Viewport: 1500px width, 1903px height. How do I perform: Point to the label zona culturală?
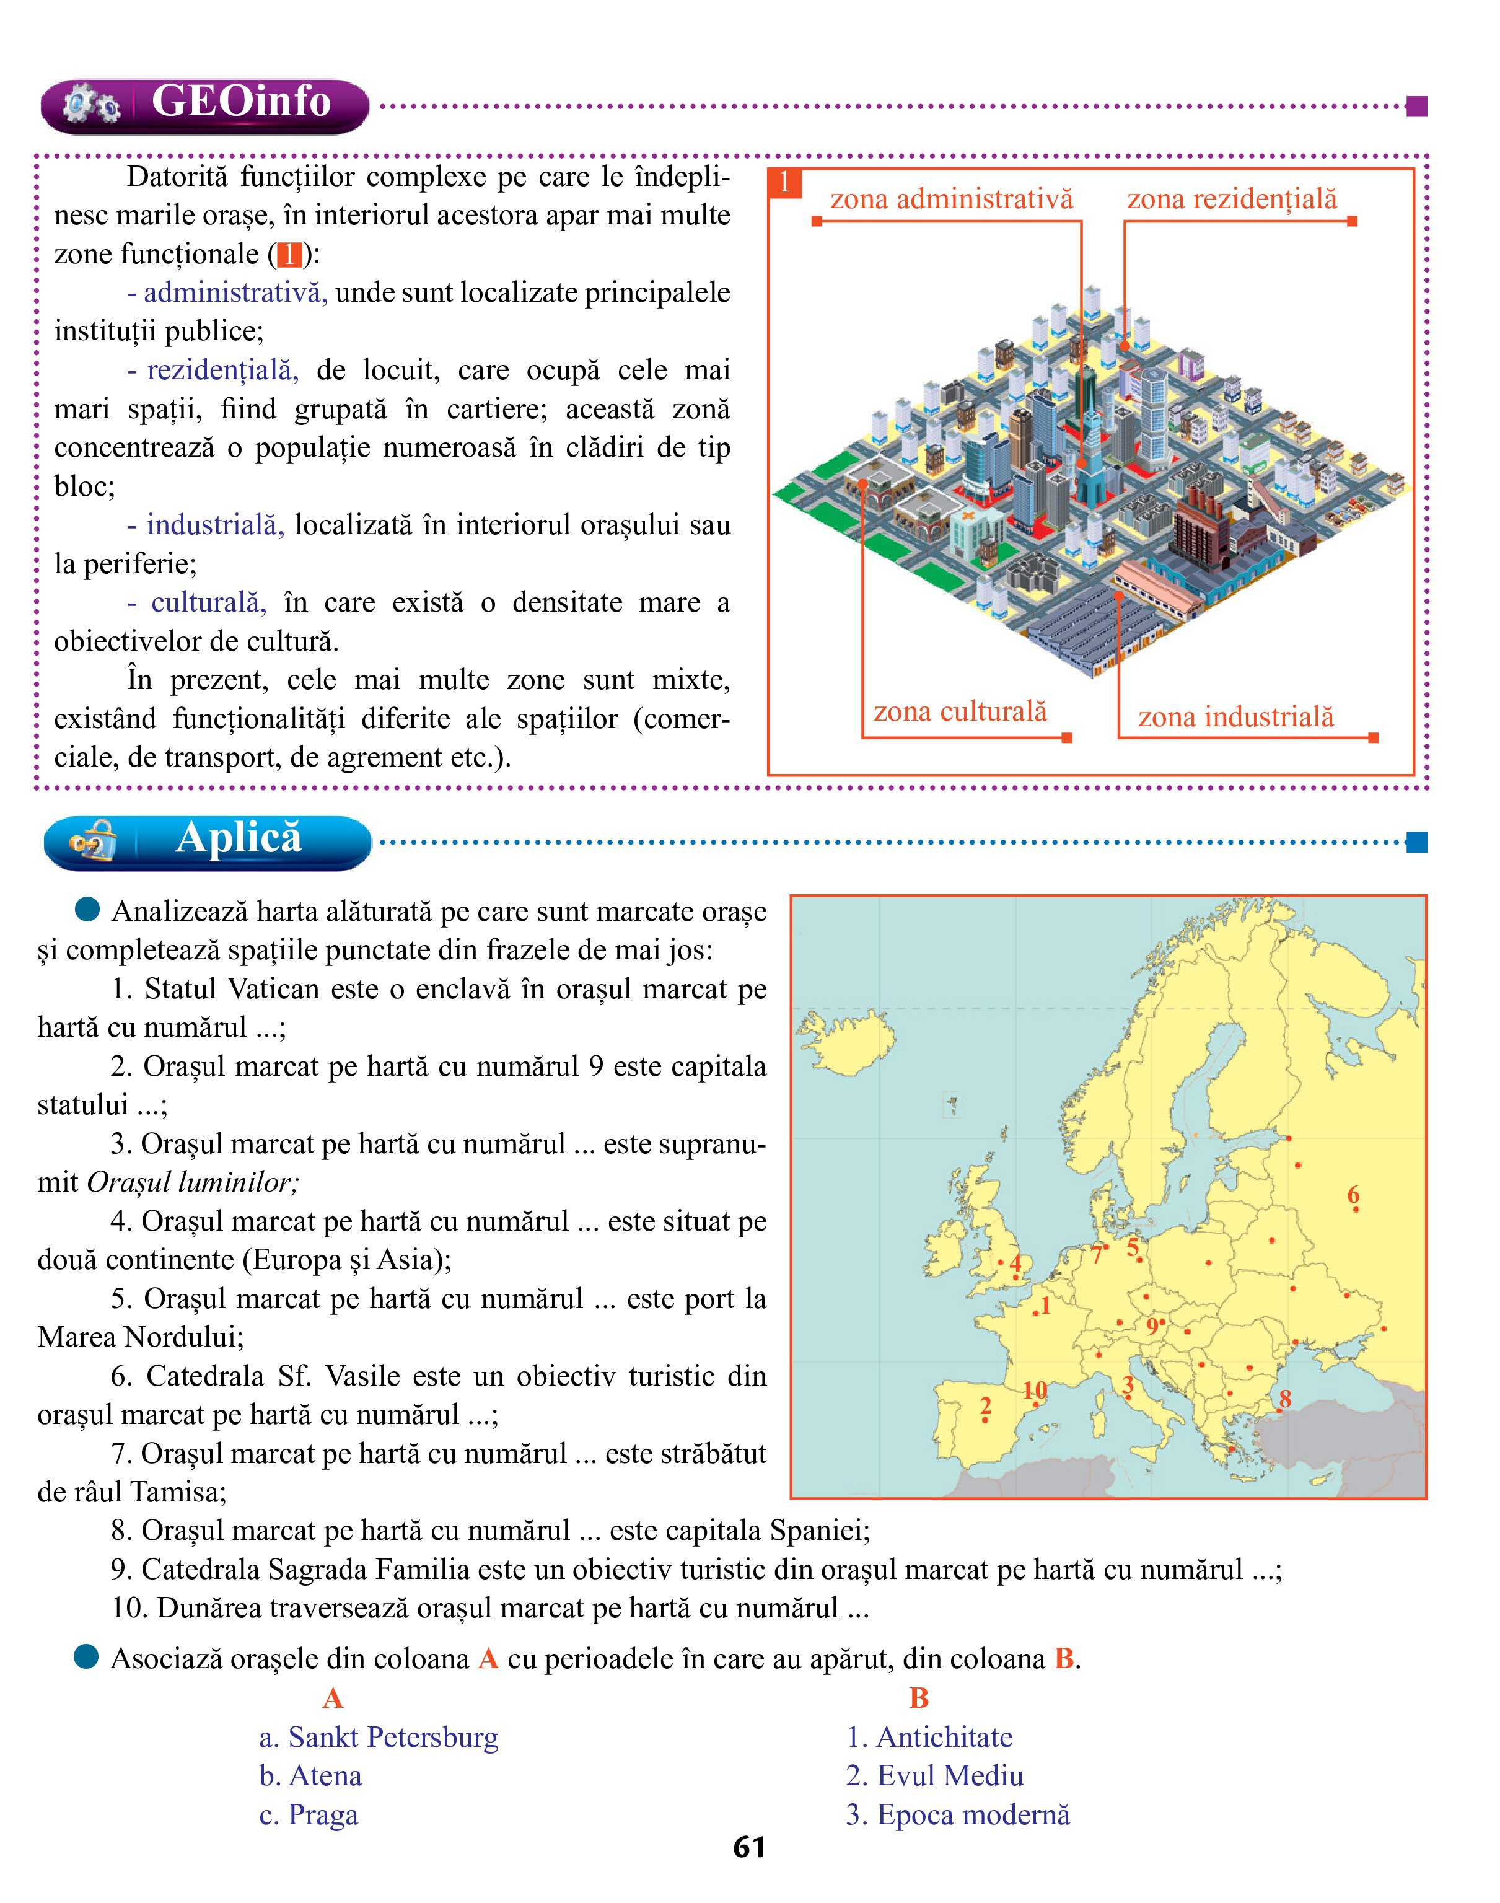tap(960, 711)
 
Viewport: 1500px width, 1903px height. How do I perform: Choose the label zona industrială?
tap(1235, 716)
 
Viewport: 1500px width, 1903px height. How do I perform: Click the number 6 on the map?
tap(1353, 1194)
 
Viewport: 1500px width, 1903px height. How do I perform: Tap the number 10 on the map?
tap(1035, 1390)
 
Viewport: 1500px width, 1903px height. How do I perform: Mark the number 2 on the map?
tap(985, 1406)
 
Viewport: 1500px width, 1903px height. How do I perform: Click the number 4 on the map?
tap(1016, 1264)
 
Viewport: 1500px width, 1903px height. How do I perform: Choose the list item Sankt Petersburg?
tap(379, 1737)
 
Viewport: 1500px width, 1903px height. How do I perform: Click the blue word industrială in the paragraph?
tap(215, 525)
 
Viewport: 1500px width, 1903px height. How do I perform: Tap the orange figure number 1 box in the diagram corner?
tap(784, 183)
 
